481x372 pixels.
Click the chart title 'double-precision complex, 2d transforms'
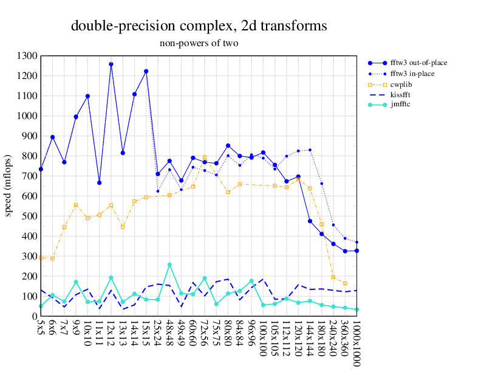(199, 26)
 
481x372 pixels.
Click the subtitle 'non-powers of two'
(199, 43)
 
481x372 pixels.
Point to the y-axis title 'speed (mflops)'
(9, 185)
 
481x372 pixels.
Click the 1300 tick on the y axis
(27, 56)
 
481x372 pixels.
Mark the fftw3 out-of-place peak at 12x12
(111, 64)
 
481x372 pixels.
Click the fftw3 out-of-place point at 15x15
(146, 71)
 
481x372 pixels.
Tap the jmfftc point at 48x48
(169, 264)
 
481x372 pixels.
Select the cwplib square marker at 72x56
(205, 157)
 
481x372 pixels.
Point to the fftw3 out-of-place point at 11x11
(99, 182)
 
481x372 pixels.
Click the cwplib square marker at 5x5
(41, 258)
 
